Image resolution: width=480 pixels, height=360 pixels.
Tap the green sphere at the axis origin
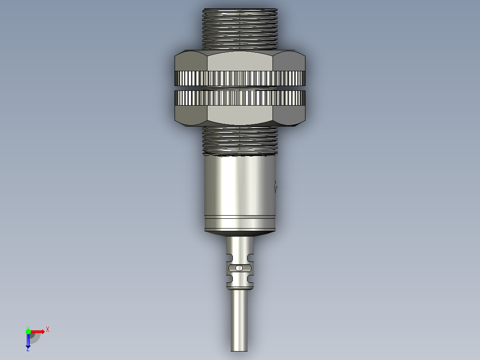(28, 331)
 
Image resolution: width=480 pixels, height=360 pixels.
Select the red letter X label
(48, 329)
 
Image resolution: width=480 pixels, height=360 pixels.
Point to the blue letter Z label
(28, 350)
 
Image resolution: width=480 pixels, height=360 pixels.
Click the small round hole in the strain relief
(240, 268)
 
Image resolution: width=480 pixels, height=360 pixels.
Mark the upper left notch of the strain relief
(229, 257)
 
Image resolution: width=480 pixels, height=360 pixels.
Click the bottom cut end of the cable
(239, 350)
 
